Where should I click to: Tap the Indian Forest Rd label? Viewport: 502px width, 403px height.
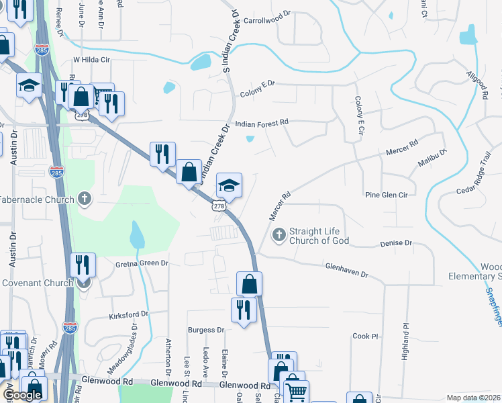[262, 122]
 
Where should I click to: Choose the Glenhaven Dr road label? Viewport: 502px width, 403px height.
[347, 270]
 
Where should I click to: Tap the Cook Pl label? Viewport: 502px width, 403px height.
[366, 336]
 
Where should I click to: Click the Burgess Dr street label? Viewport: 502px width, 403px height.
[206, 330]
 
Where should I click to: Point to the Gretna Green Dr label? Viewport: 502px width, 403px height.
[142, 263]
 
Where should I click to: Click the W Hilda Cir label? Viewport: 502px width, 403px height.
[90, 59]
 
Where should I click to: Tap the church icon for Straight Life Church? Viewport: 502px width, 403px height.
[279, 236]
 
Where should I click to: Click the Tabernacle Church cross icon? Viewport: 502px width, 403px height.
[84, 199]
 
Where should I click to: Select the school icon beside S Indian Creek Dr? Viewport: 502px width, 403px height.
[229, 185]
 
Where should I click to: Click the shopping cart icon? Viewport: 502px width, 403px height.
[295, 390]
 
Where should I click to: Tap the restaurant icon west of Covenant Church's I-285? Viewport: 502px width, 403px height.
[84, 264]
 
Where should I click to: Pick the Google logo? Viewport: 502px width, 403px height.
[22, 395]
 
